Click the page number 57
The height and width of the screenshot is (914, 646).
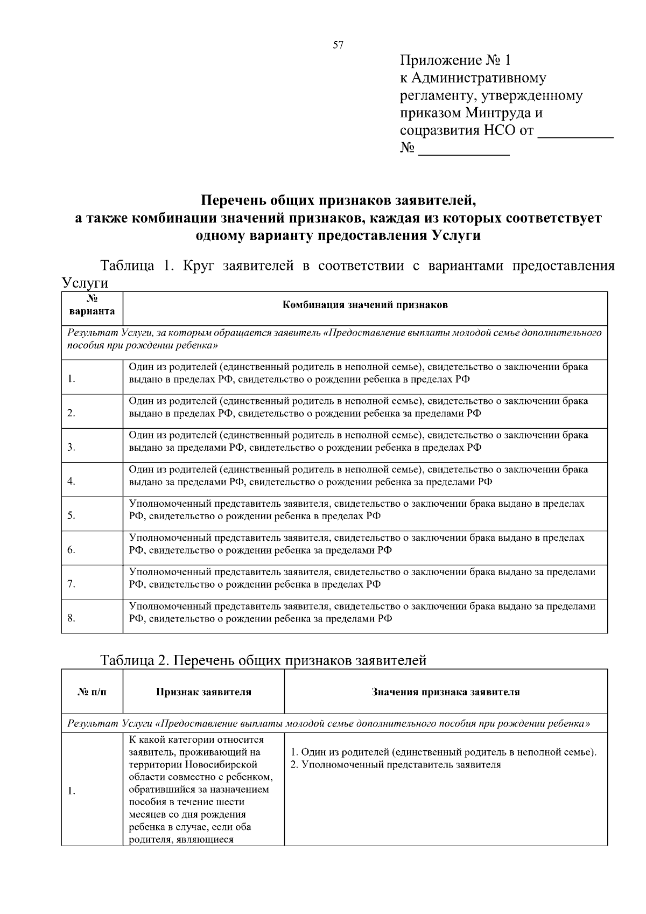[338, 45]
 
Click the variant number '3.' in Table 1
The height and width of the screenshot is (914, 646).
[72, 447]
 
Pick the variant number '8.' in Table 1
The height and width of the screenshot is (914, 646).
[72, 618]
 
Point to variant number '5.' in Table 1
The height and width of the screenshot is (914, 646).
[72, 515]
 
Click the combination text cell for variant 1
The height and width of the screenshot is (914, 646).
[358, 373]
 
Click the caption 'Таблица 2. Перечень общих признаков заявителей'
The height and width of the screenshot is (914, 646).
[264, 660]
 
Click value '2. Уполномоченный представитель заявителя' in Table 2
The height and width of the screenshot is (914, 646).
[396, 765]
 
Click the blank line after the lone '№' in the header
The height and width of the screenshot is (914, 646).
[464, 152]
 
